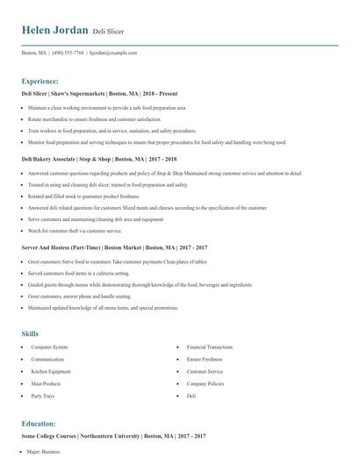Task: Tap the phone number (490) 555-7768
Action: click(x=68, y=53)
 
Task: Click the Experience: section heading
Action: click(x=40, y=81)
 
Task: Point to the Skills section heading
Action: click(x=31, y=333)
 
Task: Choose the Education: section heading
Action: click(x=39, y=424)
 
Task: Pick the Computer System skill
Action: click(x=49, y=347)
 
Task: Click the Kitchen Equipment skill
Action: click(x=52, y=371)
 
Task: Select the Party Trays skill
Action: click(x=43, y=396)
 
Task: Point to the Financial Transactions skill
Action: click(x=209, y=347)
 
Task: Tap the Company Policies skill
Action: click(x=205, y=383)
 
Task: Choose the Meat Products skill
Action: click(x=47, y=383)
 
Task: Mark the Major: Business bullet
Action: click(x=43, y=452)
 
